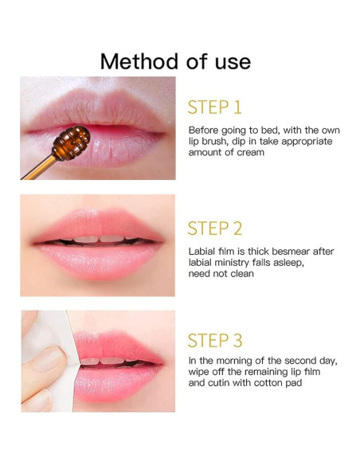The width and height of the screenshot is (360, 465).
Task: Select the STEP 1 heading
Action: (214, 107)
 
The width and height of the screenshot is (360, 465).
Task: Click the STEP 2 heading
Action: (214, 229)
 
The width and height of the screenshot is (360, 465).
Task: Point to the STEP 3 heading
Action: (214, 341)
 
